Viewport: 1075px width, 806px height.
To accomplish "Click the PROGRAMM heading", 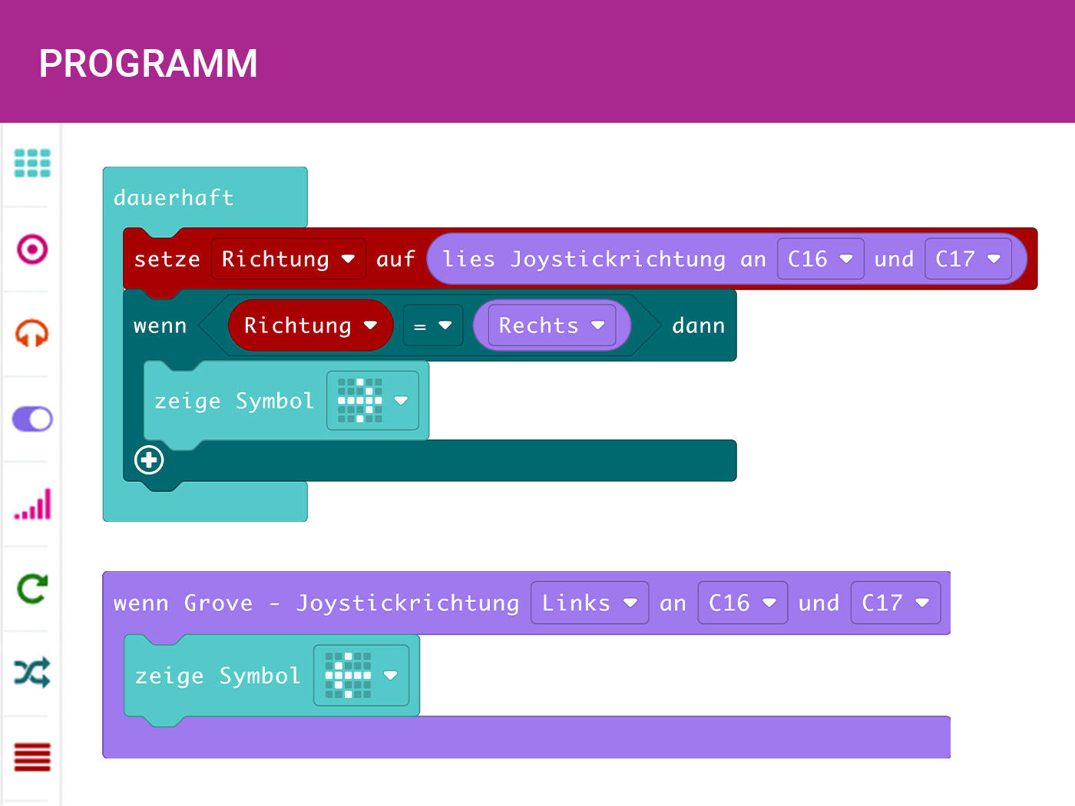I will coord(148,64).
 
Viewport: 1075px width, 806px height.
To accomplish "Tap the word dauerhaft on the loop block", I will coord(174,198).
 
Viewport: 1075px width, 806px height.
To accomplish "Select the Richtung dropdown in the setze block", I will coord(288,259).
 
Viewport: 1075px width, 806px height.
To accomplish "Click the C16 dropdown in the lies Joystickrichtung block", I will coord(820,259).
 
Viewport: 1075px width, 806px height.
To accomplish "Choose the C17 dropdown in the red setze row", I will coord(968,259).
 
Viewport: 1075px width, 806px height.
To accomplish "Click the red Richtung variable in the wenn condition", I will coord(310,325).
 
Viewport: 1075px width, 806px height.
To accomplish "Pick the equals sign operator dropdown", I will coord(433,325).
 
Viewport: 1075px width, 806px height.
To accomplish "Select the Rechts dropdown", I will coord(551,325).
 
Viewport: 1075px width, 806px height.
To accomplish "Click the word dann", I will coord(698,325).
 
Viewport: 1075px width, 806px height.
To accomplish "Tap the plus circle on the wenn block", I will coord(149,460).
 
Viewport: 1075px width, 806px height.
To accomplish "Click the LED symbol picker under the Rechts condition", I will coord(372,401).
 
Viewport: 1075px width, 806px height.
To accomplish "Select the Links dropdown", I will coord(589,603).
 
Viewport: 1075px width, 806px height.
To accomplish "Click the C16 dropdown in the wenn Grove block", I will coord(742,603).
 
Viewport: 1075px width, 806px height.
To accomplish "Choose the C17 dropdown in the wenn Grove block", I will coord(895,603).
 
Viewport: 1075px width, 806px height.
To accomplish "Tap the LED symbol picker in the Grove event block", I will coord(360,676).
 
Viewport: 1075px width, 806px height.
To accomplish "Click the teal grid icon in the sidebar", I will coord(32,164).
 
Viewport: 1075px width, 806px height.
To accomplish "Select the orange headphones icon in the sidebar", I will coord(32,334).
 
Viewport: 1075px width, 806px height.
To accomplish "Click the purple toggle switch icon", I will coord(32,419).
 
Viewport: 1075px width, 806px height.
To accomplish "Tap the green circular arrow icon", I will coord(32,589).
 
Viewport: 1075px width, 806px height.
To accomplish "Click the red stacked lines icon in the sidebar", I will coord(32,757).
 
